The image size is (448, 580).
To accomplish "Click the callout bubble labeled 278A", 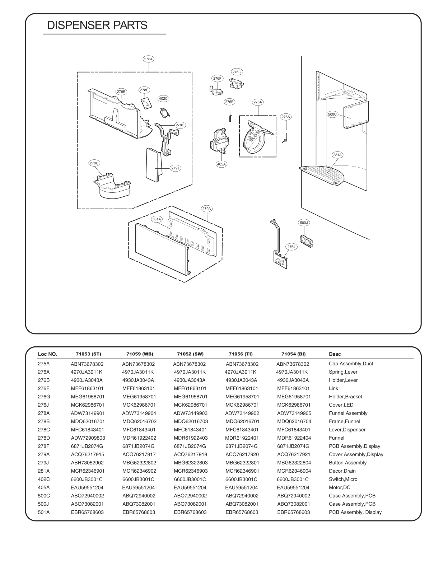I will (x=148, y=59).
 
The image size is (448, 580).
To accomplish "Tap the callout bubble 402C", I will (x=163, y=98).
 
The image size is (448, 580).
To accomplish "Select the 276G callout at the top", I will (x=237, y=72).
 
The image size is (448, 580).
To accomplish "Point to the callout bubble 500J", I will (x=304, y=223).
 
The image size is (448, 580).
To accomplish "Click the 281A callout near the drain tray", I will (x=337, y=155).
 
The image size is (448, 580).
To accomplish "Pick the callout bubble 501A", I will (x=157, y=219).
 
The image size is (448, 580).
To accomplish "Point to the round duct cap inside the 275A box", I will (x=253, y=140).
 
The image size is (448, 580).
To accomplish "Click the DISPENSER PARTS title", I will (x=97, y=25).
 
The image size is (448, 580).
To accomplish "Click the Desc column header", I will (x=335, y=354).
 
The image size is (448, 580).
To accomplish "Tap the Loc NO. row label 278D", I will (x=44, y=438).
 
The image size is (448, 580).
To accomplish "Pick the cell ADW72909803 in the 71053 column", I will (x=88, y=438).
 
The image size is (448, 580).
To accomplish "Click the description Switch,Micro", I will (x=343, y=479).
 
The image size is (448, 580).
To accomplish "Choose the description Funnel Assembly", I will (x=348, y=413).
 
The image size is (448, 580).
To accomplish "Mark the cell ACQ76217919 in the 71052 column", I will (x=190, y=454).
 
